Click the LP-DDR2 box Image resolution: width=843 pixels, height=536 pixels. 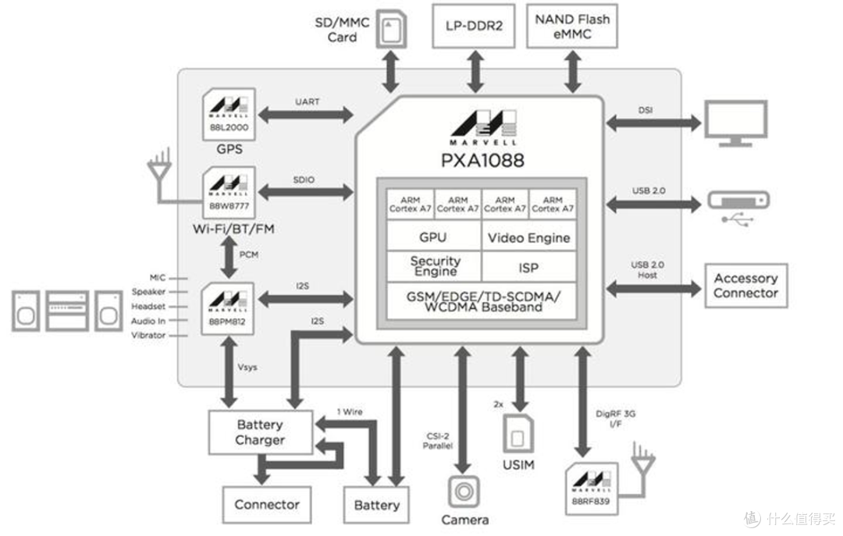(475, 26)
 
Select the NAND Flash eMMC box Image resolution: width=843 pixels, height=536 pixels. (572, 26)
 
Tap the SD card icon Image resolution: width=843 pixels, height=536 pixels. (389, 30)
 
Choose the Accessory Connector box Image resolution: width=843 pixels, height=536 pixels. (745, 286)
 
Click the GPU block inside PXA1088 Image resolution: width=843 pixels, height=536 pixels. (433, 237)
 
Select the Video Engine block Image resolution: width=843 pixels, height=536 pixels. (528, 237)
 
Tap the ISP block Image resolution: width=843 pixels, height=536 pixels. (528, 267)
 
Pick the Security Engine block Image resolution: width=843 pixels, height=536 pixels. (435, 266)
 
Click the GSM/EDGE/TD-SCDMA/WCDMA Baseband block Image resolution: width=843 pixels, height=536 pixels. (482, 301)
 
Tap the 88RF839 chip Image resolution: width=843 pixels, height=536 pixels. (590, 488)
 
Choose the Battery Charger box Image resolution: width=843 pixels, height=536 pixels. (260, 432)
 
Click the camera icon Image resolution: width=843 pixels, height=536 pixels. (464, 492)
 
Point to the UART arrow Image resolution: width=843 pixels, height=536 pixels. (306, 115)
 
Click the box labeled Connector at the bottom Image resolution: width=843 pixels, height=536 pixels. (267, 505)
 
